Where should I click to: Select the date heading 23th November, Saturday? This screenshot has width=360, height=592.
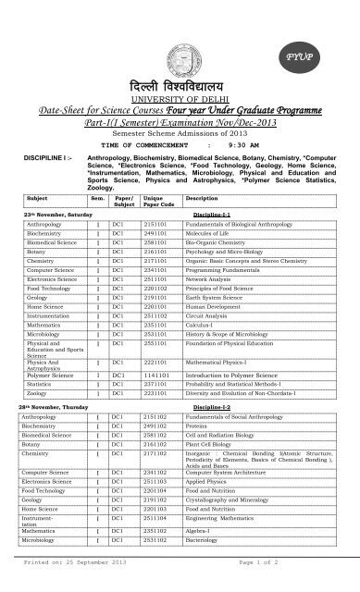(x=60, y=212)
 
